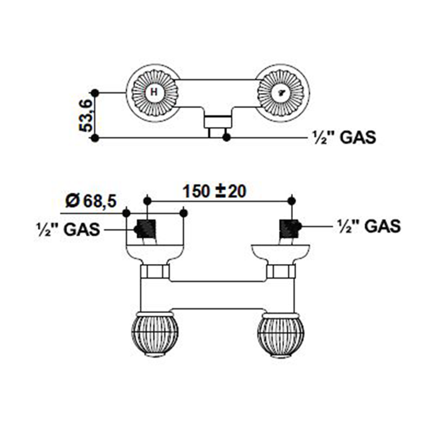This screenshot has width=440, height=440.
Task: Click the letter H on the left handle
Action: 155,92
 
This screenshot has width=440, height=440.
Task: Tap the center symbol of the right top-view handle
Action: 283,92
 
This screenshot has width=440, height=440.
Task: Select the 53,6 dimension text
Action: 85,114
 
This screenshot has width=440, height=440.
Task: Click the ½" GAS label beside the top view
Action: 344,138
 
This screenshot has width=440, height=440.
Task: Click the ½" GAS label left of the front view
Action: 68,229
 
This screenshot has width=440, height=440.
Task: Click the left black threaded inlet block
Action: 146,228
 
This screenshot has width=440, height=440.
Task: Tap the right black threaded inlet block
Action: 290,228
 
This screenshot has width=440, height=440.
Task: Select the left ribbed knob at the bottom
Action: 153,333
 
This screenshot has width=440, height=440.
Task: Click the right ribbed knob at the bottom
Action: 280,333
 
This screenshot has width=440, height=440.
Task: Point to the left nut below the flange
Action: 154,272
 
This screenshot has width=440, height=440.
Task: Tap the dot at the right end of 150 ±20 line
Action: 291,200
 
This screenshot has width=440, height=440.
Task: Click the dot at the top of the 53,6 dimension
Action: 94,92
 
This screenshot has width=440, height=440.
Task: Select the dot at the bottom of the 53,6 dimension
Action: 94,138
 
